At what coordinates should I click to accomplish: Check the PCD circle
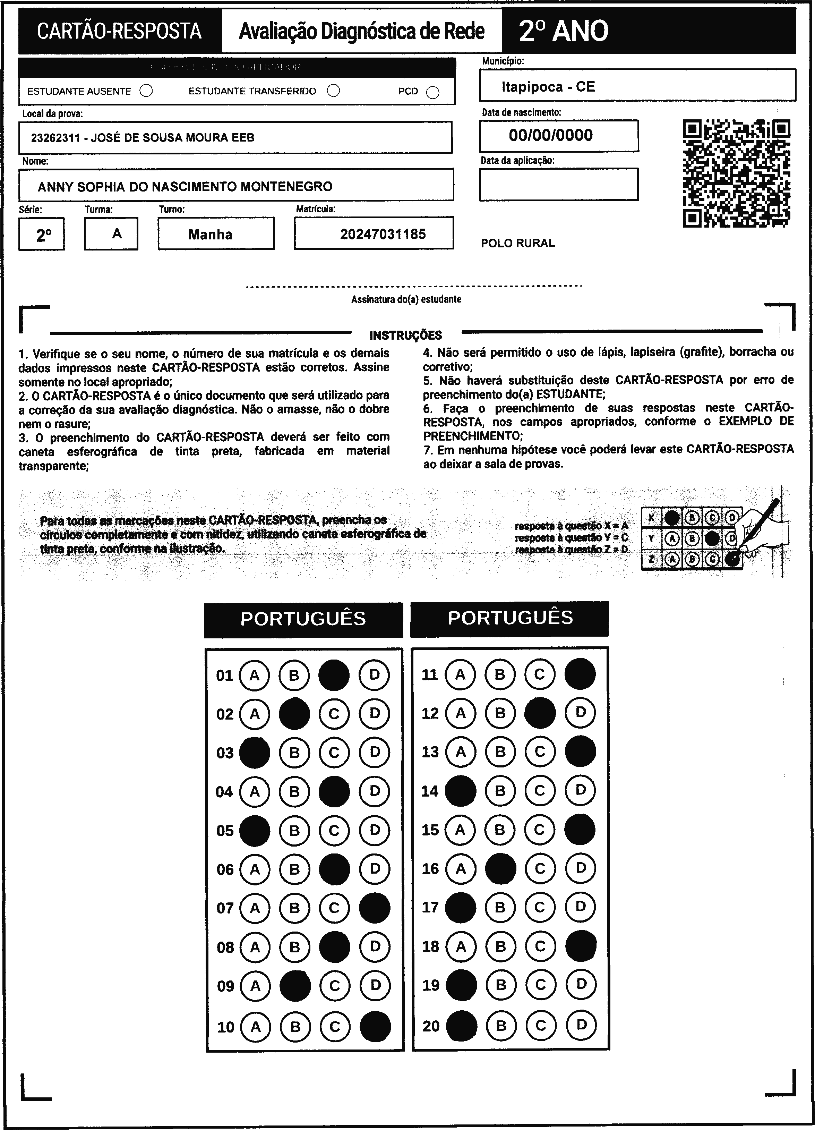(x=433, y=93)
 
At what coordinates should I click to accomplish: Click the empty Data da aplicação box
(x=558, y=184)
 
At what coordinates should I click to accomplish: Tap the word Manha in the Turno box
(x=210, y=234)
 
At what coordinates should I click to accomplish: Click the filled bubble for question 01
(x=334, y=675)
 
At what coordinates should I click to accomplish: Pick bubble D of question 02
(x=374, y=713)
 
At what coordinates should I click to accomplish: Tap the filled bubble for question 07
(x=374, y=908)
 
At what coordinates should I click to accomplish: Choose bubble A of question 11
(x=460, y=674)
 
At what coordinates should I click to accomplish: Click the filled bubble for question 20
(x=461, y=1025)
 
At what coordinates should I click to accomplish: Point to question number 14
(x=429, y=791)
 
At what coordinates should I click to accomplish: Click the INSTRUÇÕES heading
(x=405, y=335)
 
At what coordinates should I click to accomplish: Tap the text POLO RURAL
(x=517, y=243)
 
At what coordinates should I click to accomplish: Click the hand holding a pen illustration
(x=762, y=530)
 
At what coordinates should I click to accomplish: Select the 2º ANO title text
(x=564, y=31)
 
